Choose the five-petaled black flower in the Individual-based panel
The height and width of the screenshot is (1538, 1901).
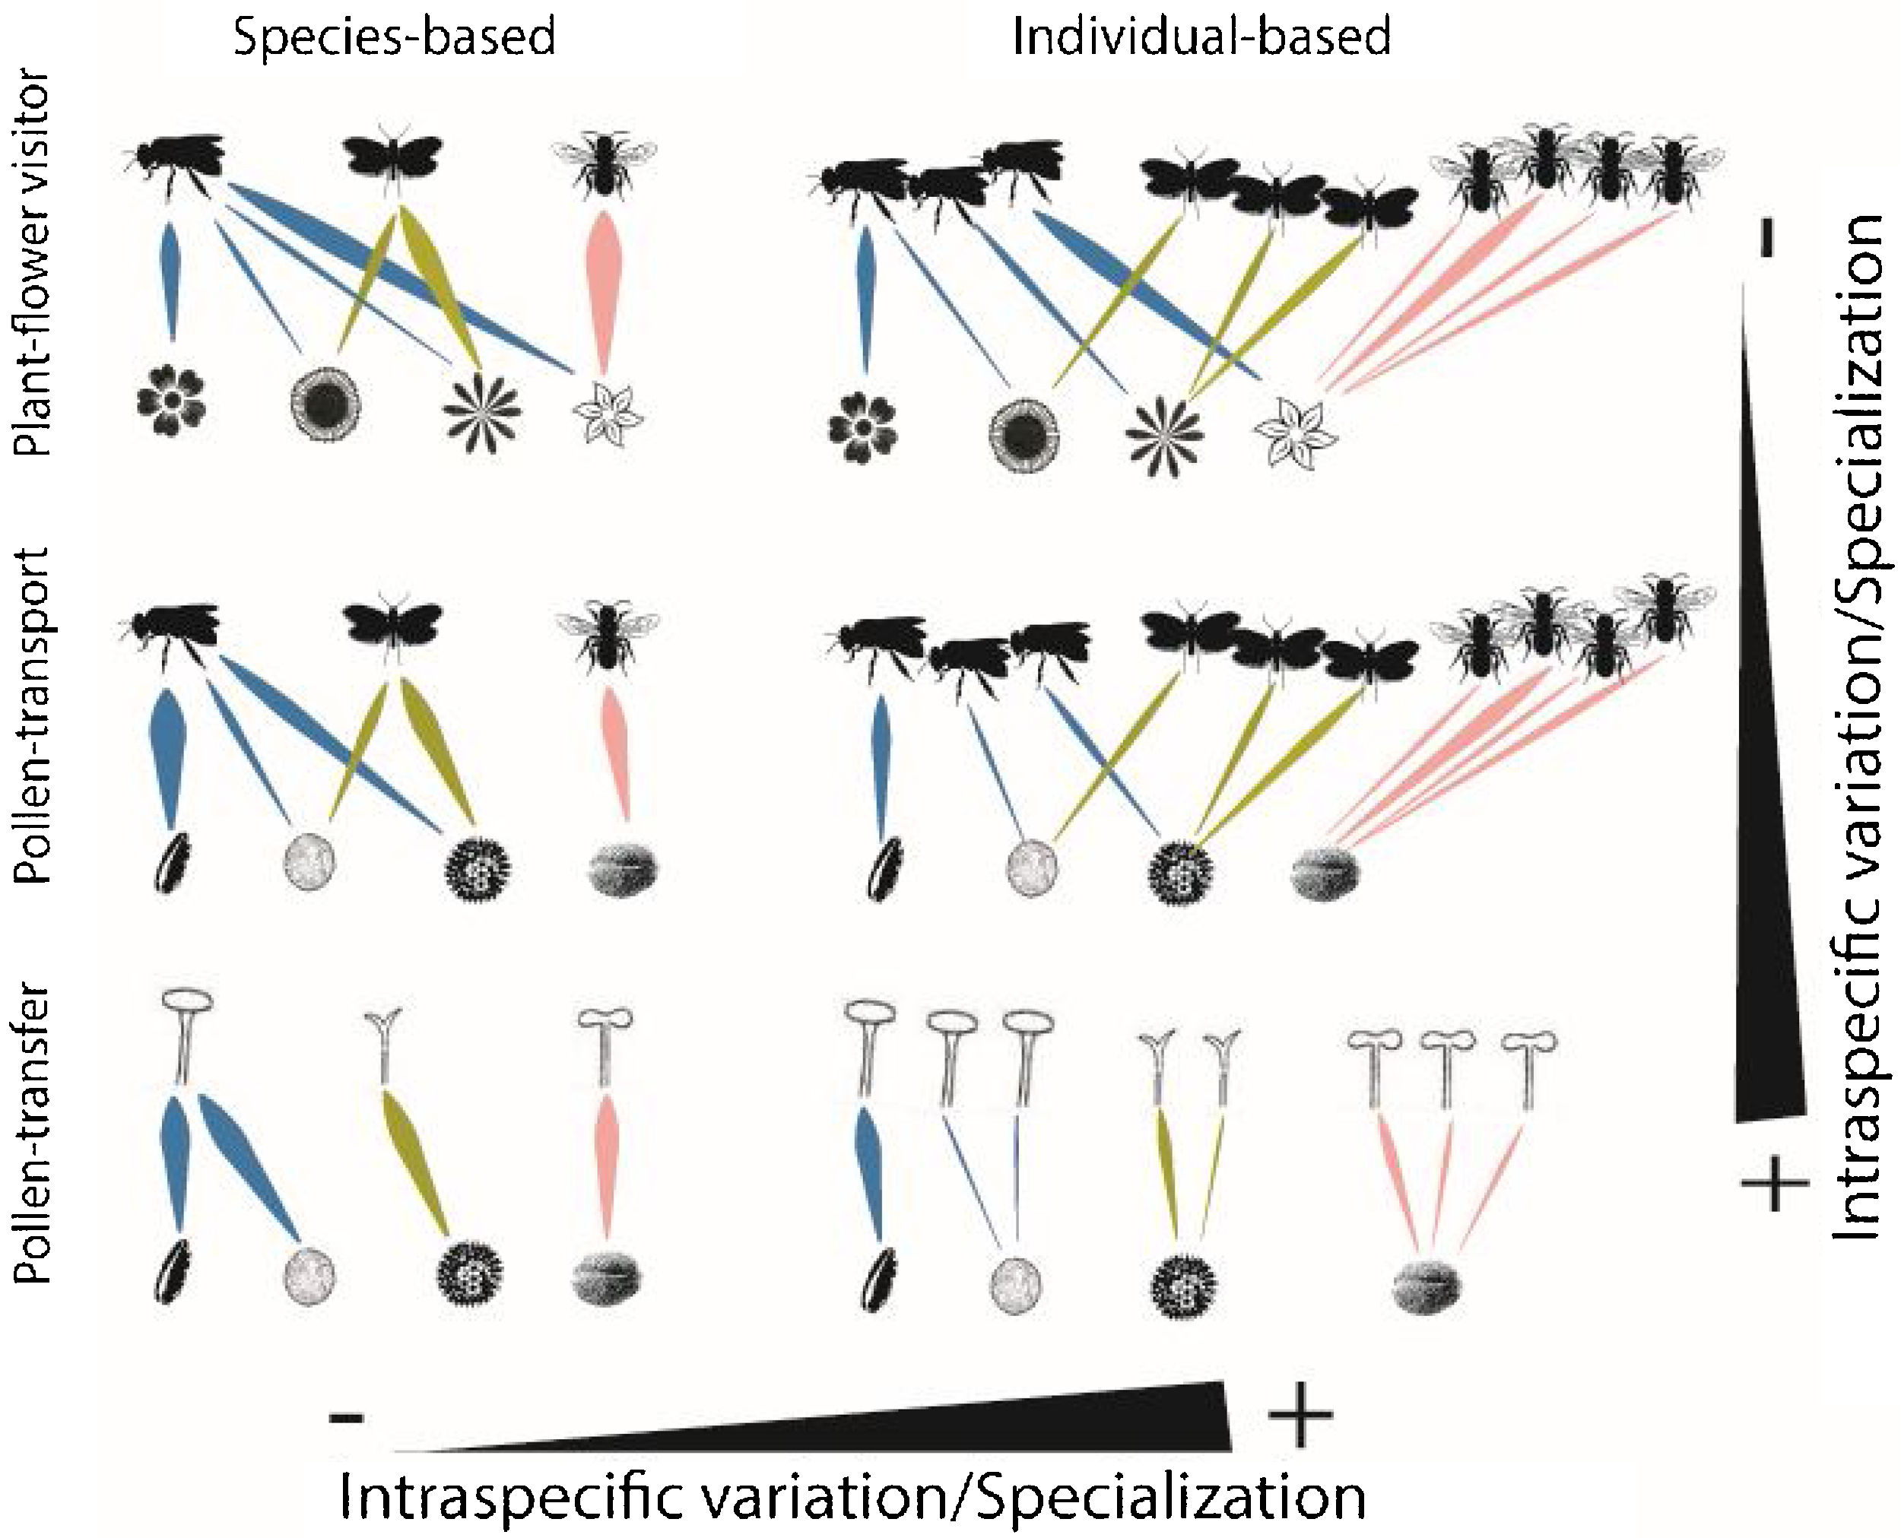tap(862, 429)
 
